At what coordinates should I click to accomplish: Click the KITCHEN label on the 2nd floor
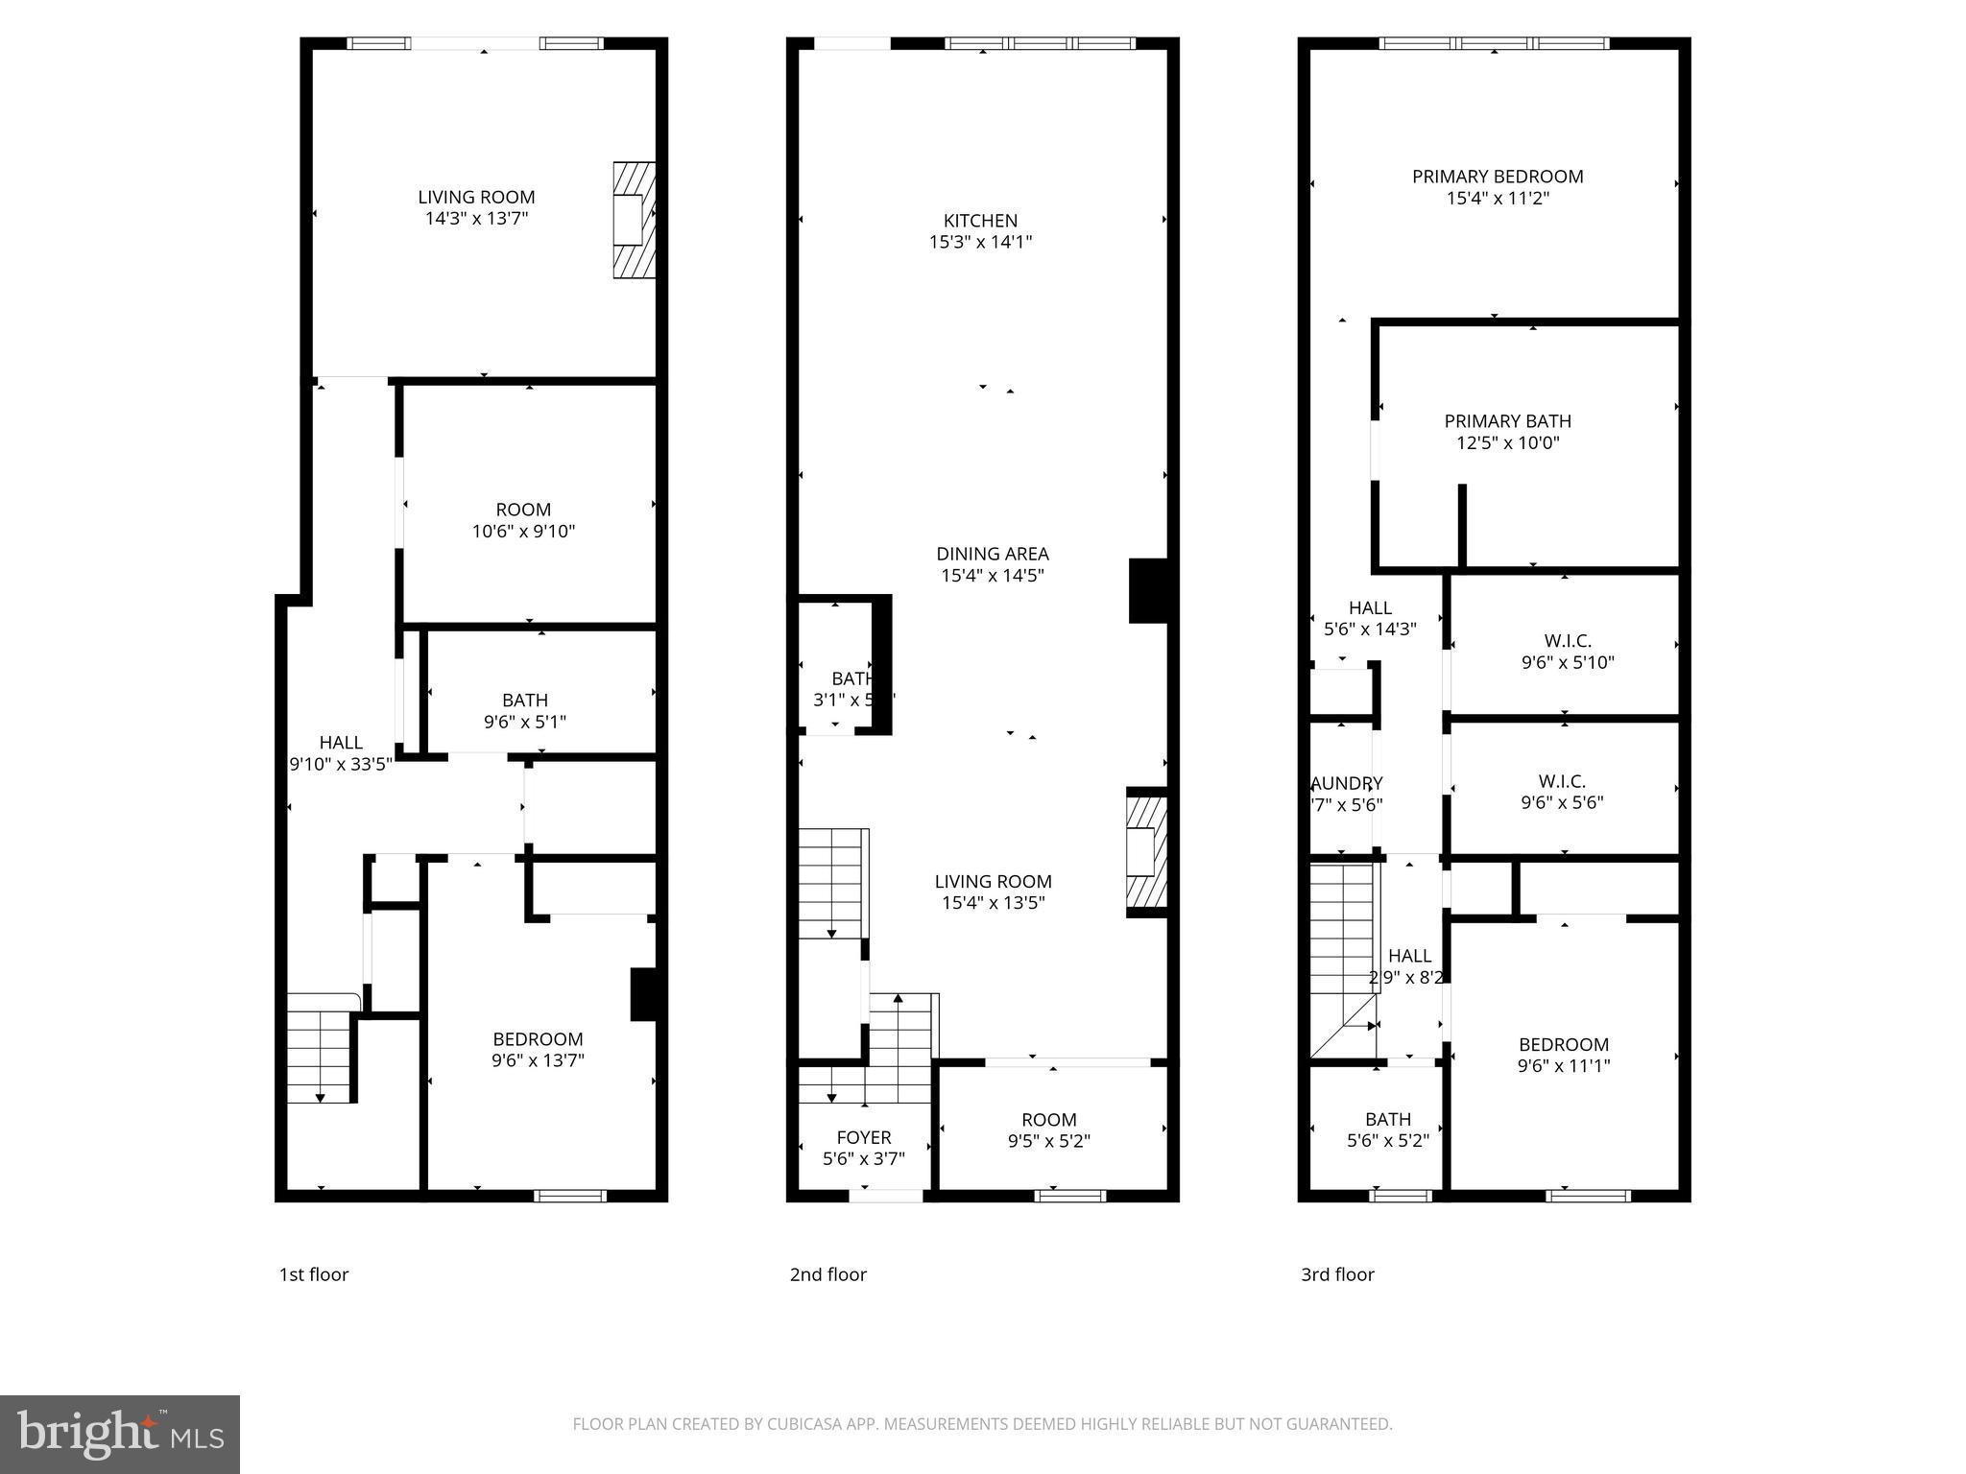pyautogui.click(x=980, y=221)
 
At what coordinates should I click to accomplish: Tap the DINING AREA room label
pyautogui.click(x=993, y=554)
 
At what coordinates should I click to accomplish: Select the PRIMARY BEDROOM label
pyautogui.click(x=1498, y=177)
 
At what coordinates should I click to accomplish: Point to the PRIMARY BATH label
pyautogui.click(x=1507, y=421)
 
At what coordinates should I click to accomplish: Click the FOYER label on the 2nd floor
pyautogui.click(x=863, y=1138)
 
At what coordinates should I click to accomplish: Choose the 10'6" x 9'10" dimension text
pyautogui.click(x=523, y=531)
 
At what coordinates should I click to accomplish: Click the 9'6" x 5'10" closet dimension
pyautogui.click(x=1568, y=662)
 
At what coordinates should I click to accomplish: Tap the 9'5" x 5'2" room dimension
pyautogui.click(x=1048, y=1141)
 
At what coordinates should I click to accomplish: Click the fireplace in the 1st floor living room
pyautogui.click(x=634, y=221)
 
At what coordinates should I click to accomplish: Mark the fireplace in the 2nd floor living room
pyautogui.click(x=1146, y=851)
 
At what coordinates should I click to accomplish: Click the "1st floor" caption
pyautogui.click(x=314, y=1274)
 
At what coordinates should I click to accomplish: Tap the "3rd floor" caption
pyautogui.click(x=1337, y=1274)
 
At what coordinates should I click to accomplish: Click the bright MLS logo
pyautogui.click(x=119, y=1435)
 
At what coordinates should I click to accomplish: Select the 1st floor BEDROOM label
pyautogui.click(x=538, y=1039)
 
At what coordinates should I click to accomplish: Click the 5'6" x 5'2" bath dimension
pyautogui.click(x=1388, y=1141)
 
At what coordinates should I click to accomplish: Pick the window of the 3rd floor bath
pyautogui.click(x=1401, y=1196)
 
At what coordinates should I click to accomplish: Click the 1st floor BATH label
pyautogui.click(x=525, y=701)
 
